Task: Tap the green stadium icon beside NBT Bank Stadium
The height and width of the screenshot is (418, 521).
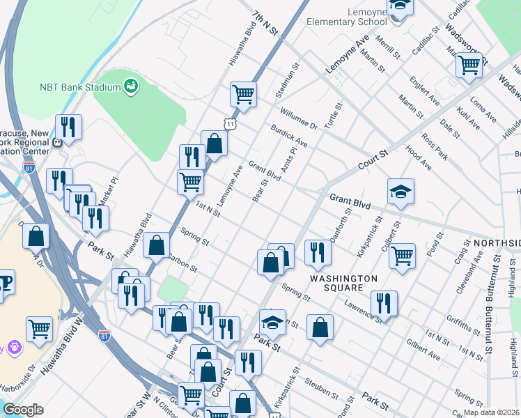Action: point(130,86)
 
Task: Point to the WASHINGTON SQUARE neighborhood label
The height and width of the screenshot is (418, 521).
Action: point(344,283)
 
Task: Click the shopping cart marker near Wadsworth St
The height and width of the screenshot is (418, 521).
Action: point(469,65)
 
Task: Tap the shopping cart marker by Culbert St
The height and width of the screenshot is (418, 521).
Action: point(402,256)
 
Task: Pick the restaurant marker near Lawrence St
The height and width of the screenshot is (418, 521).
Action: point(384,302)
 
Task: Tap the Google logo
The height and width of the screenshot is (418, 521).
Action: point(22,410)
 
